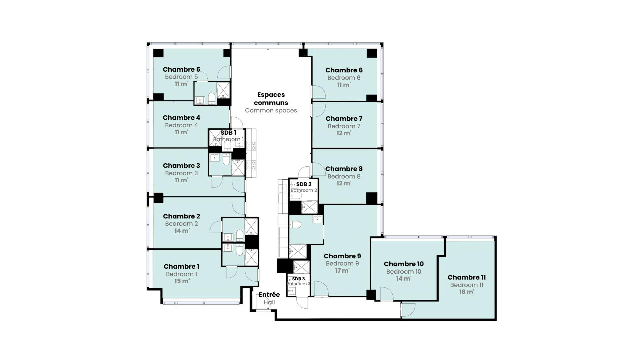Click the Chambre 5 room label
point(181,69)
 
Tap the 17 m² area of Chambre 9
point(342,271)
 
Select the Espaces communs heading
point(271,99)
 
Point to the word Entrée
point(269,295)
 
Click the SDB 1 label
point(228,133)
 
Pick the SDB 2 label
point(304,184)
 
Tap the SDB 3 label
point(299,279)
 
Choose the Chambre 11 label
point(467,277)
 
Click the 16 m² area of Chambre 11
point(467,292)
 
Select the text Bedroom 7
point(344,126)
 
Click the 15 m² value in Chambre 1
point(182,281)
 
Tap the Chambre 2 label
point(182,216)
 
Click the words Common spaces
point(271,110)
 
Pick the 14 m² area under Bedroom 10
point(404,279)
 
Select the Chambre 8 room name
point(344,169)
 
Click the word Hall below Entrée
point(269,302)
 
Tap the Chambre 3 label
point(181,166)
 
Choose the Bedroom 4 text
point(181,125)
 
